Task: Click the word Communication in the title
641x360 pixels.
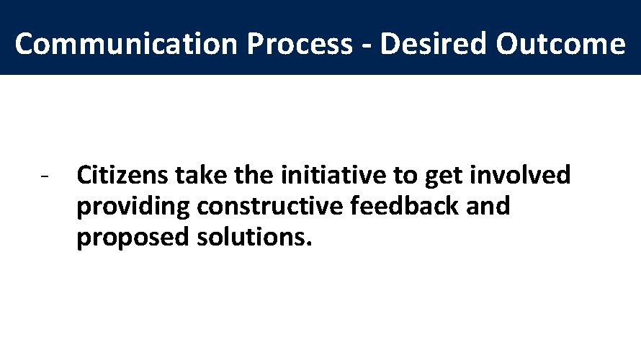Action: [x=127, y=45]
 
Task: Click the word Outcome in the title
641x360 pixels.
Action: [x=560, y=45]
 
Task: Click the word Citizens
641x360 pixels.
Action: [x=122, y=175]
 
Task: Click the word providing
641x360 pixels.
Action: [x=134, y=207]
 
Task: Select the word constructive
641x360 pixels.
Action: [x=271, y=207]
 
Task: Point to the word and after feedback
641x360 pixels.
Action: [x=488, y=207]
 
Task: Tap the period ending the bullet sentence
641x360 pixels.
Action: [x=310, y=245]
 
